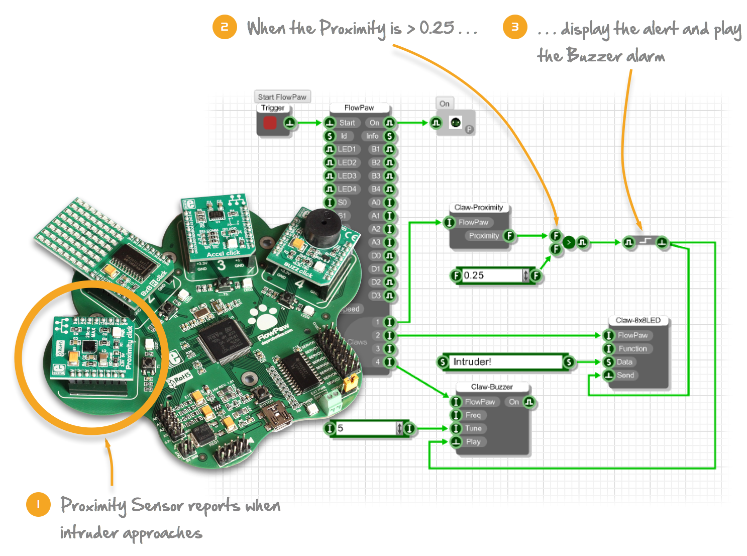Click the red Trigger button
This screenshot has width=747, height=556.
tap(270, 123)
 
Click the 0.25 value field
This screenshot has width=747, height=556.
tap(492, 275)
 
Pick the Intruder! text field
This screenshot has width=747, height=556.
tap(505, 362)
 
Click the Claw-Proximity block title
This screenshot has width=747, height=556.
tap(478, 208)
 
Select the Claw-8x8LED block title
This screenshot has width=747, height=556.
tap(638, 320)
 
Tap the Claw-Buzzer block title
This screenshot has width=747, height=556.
tap(492, 387)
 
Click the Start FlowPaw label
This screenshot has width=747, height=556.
tap(282, 97)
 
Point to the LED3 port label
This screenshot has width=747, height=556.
tap(347, 176)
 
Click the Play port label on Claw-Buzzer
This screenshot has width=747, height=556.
tap(473, 442)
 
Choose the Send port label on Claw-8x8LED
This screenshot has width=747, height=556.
tap(625, 376)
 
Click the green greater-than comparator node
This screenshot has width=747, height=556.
tap(569, 242)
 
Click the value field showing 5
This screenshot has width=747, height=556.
tap(367, 428)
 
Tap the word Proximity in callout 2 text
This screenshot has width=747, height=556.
tap(353, 28)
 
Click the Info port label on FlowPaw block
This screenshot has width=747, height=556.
tap(372, 136)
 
